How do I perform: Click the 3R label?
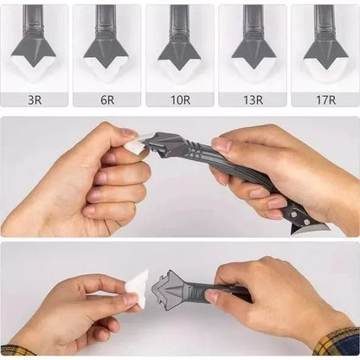coord(35,100)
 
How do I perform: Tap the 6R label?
coord(107,100)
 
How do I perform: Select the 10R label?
coord(180,100)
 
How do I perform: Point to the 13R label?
coord(253,100)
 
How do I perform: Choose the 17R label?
coord(325,100)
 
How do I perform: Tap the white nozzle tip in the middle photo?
coord(136,146)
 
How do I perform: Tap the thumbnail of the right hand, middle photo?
coord(222,145)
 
